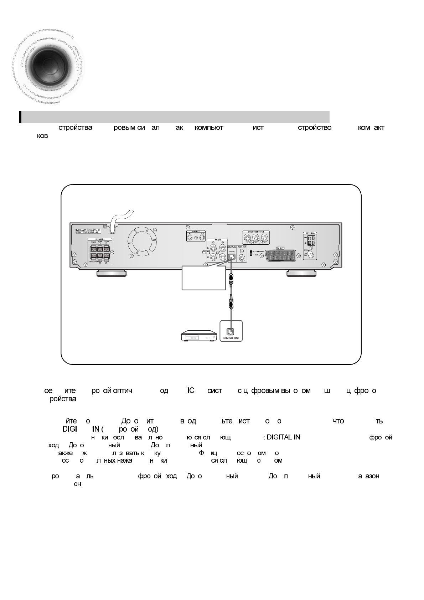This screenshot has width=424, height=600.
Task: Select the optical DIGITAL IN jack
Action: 231,255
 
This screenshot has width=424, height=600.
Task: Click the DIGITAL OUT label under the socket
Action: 231,337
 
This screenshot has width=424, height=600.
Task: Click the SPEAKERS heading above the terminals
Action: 99,239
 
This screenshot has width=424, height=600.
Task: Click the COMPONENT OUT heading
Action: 255,232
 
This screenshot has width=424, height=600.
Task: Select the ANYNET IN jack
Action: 190,237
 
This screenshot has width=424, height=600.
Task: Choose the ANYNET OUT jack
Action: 202,237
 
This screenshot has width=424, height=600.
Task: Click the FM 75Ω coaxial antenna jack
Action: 311,255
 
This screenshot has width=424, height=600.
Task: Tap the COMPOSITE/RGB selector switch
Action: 251,253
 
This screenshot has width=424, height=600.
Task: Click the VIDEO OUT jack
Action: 242,256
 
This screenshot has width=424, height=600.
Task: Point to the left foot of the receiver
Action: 111,273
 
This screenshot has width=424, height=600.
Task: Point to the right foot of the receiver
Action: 301,273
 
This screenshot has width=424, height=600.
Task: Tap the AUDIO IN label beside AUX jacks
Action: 206,252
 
